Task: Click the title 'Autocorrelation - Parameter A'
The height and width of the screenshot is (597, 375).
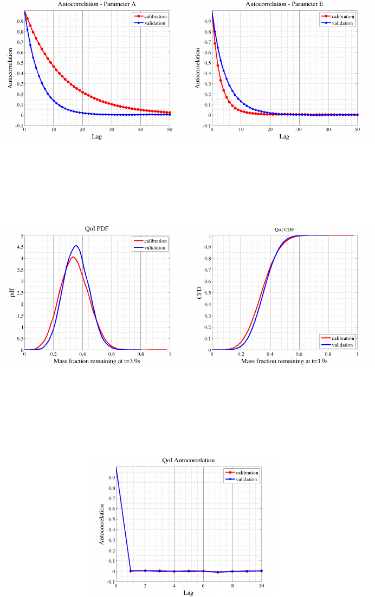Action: [x=97, y=4]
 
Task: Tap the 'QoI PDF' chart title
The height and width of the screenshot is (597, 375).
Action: [x=97, y=229]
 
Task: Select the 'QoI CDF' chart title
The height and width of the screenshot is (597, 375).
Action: [x=284, y=229]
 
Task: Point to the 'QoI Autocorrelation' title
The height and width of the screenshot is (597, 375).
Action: [x=188, y=460]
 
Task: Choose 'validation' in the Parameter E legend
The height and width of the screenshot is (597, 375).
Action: [x=343, y=23]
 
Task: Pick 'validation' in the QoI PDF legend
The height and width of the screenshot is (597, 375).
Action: [x=156, y=247]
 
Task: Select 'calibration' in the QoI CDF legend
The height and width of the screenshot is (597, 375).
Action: [x=343, y=338]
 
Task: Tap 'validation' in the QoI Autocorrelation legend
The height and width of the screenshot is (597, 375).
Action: [x=247, y=479]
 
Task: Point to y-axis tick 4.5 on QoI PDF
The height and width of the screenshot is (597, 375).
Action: [x=20, y=247]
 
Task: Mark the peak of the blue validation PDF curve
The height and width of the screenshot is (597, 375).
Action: [x=77, y=246]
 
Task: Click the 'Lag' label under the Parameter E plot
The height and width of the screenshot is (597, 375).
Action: [x=284, y=136]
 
